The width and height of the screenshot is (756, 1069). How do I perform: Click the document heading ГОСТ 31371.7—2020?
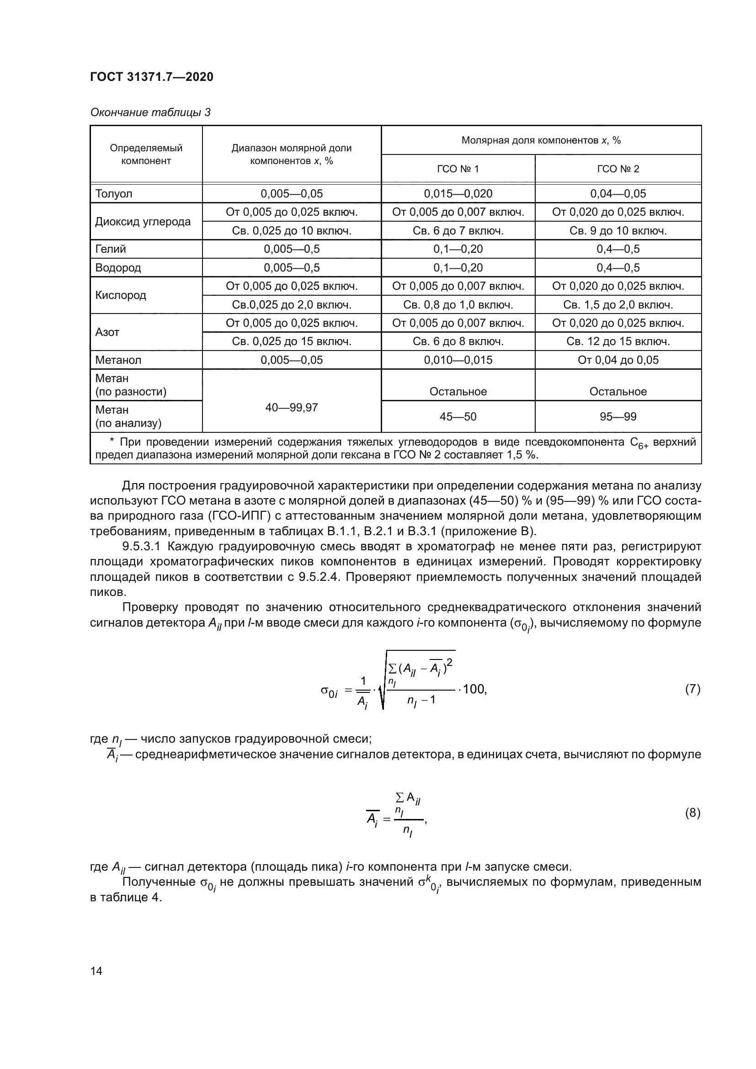[151, 77]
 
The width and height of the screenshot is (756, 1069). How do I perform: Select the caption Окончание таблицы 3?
[150, 112]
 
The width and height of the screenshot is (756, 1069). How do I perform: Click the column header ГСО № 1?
[458, 169]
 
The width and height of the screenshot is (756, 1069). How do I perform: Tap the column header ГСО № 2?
[618, 169]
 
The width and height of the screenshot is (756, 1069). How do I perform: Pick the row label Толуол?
[114, 194]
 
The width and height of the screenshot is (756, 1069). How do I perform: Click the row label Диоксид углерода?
[143, 222]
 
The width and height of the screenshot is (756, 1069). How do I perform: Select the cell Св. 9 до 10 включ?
[618, 231]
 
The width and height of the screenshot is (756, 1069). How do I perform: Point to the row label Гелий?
[110, 249]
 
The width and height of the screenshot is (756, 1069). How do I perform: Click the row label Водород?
[118, 268]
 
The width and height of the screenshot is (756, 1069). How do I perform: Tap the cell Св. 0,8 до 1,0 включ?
[458, 305]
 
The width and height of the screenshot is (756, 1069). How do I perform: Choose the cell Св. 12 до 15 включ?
[618, 342]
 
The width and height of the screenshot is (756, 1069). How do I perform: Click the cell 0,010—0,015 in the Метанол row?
[458, 360]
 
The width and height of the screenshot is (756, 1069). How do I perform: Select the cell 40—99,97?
[292, 407]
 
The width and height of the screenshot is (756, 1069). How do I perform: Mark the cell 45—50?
[458, 417]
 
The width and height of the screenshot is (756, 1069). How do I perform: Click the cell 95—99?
[618, 417]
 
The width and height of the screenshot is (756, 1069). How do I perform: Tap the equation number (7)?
[692, 689]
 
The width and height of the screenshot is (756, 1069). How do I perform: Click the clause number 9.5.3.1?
[141, 546]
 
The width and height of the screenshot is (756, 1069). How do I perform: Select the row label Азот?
[107, 332]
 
